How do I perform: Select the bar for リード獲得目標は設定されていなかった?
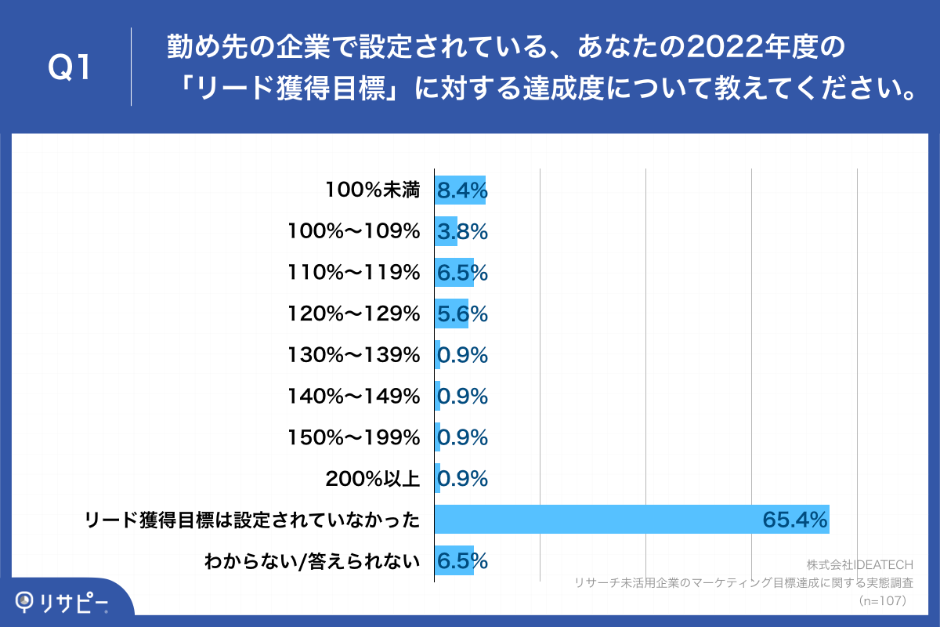pyautogui.click(x=631, y=520)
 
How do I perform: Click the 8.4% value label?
pyautogui.click(x=462, y=190)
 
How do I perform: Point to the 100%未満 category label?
pyautogui.click(x=373, y=190)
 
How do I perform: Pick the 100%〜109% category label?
pyautogui.click(x=354, y=231)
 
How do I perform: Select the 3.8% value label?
pyautogui.click(x=462, y=231)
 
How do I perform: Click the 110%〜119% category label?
pyautogui.click(x=354, y=273)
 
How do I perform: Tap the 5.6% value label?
pyautogui.click(x=462, y=314)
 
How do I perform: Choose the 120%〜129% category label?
pyautogui.click(x=354, y=314)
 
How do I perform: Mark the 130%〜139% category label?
pyautogui.click(x=354, y=355)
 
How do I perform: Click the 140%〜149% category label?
pyautogui.click(x=354, y=397)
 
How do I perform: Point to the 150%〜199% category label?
pyautogui.click(x=354, y=437)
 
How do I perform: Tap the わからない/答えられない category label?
pyautogui.click(x=312, y=561)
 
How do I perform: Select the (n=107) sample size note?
pyautogui.click(x=883, y=600)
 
